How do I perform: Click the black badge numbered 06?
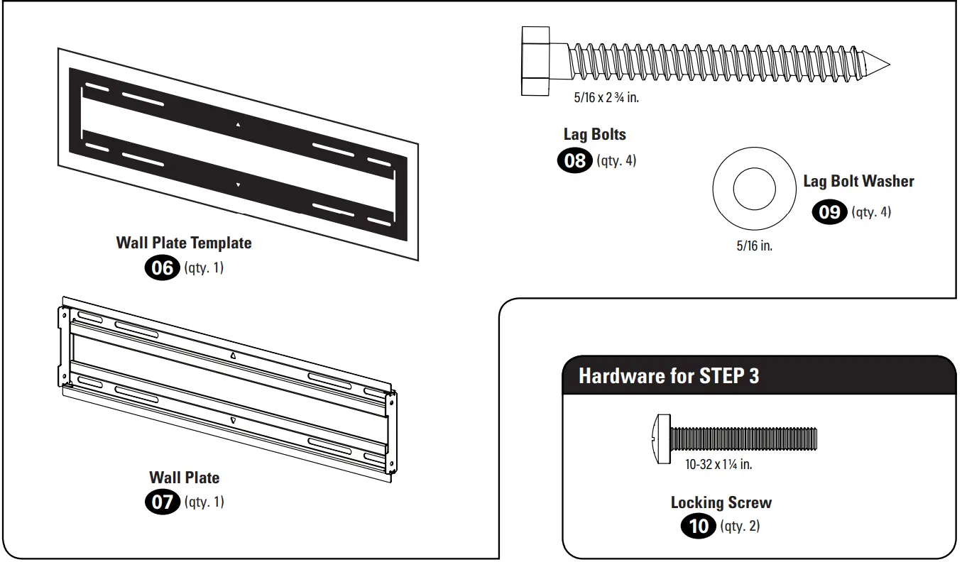coord(163,268)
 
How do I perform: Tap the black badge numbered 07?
coord(163,502)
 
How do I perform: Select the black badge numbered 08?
coord(574,161)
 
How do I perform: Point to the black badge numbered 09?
coord(829,212)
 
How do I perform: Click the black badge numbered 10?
coord(699,527)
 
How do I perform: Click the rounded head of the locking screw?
coord(660,439)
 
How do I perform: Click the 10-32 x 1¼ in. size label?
coord(718,465)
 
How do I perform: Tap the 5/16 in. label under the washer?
coord(754,247)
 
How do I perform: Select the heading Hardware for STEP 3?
coord(668,375)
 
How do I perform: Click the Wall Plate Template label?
coord(184,243)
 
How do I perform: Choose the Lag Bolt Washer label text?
coord(858,182)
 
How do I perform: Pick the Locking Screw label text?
coord(721,502)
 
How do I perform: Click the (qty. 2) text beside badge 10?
coord(740,527)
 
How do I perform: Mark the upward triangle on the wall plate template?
coord(238,125)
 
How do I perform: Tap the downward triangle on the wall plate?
coord(234,420)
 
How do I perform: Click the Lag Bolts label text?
coord(595,134)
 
